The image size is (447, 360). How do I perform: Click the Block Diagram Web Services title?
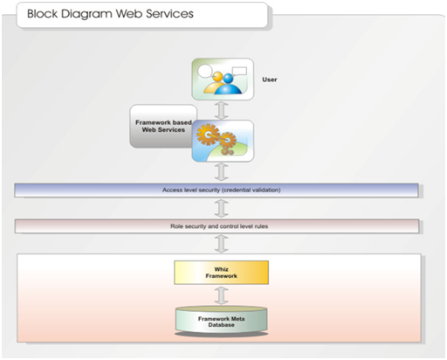click(x=110, y=14)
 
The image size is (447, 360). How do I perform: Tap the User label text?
click(x=270, y=80)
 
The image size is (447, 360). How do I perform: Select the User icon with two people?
click(x=223, y=80)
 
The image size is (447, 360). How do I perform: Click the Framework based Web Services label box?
click(x=163, y=126)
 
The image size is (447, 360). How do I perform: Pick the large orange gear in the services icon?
click(x=208, y=135)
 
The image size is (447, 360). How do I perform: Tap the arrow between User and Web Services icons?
click(x=222, y=110)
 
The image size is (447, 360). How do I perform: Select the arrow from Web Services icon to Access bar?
click(x=222, y=172)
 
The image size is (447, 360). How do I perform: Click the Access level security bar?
click(x=217, y=190)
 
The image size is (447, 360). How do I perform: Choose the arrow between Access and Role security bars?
click(x=222, y=208)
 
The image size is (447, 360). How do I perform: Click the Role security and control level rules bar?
click(x=217, y=226)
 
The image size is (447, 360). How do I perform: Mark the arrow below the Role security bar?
click(x=222, y=244)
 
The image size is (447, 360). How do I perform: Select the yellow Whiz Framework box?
click(x=221, y=273)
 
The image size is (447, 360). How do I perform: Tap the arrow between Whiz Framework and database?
click(x=222, y=295)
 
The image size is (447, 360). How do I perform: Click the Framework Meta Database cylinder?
click(x=221, y=321)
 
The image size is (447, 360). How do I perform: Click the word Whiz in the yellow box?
click(x=221, y=269)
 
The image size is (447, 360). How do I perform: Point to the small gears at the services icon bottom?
click(x=227, y=151)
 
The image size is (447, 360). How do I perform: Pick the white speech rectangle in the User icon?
click(x=239, y=71)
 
